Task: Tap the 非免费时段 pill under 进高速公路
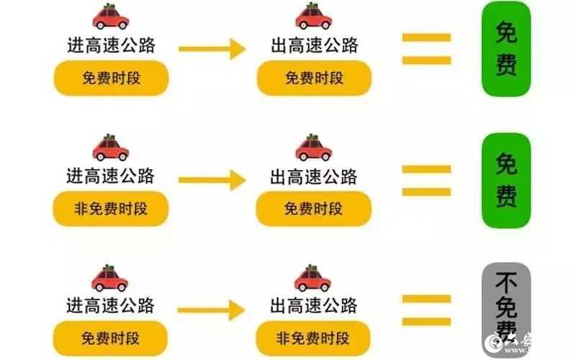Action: point(111,210)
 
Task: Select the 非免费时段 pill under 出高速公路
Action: point(314,338)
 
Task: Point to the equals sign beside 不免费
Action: point(426,309)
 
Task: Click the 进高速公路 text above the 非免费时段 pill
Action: point(111,176)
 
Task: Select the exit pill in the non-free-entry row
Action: point(314,210)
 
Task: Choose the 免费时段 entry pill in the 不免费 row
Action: point(111,338)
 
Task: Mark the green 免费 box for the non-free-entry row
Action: point(506,179)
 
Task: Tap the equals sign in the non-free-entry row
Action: point(426,180)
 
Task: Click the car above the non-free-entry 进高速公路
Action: point(110,148)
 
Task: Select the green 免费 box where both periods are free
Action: point(506,49)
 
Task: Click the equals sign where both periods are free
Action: point(426,49)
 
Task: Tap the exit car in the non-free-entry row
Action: point(313,148)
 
